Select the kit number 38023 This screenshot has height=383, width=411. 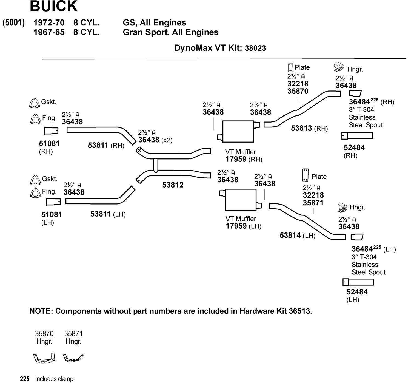(255, 48)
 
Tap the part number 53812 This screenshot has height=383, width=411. (173, 185)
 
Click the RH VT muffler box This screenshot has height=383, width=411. (238, 131)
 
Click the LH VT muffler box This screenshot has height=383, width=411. (240, 200)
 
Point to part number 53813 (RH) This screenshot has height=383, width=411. (301, 128)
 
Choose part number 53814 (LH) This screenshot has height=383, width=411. (290, 235)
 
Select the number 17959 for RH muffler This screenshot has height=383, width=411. (236, 159)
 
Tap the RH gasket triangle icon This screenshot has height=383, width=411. (34, 103)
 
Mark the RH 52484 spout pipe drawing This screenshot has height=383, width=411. (357, 136)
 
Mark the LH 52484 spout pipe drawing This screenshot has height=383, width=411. (358, 282)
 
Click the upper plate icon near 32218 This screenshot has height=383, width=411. (290, 67)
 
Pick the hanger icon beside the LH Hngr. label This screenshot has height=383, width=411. (342, 208)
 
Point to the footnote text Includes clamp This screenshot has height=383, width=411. (55, 379)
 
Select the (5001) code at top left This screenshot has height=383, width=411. (14, 23)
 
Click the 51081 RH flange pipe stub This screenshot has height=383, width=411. (51, 131)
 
